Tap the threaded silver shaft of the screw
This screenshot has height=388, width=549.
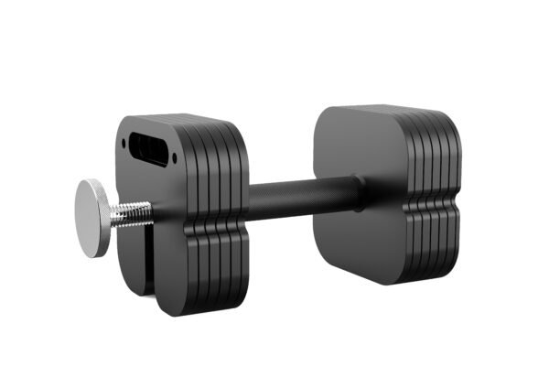click(130, 213)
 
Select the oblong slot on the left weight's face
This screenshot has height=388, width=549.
click(148, 146)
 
